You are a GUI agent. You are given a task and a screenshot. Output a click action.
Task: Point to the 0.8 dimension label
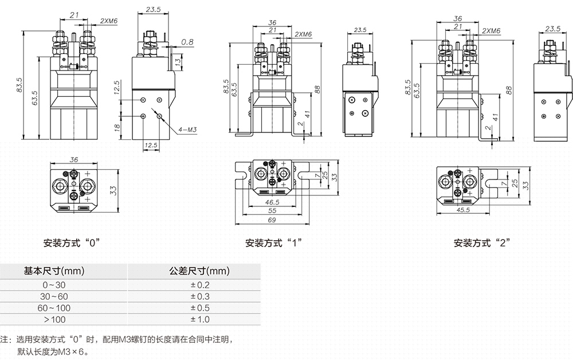187,42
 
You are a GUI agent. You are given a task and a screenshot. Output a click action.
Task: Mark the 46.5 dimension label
272,202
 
